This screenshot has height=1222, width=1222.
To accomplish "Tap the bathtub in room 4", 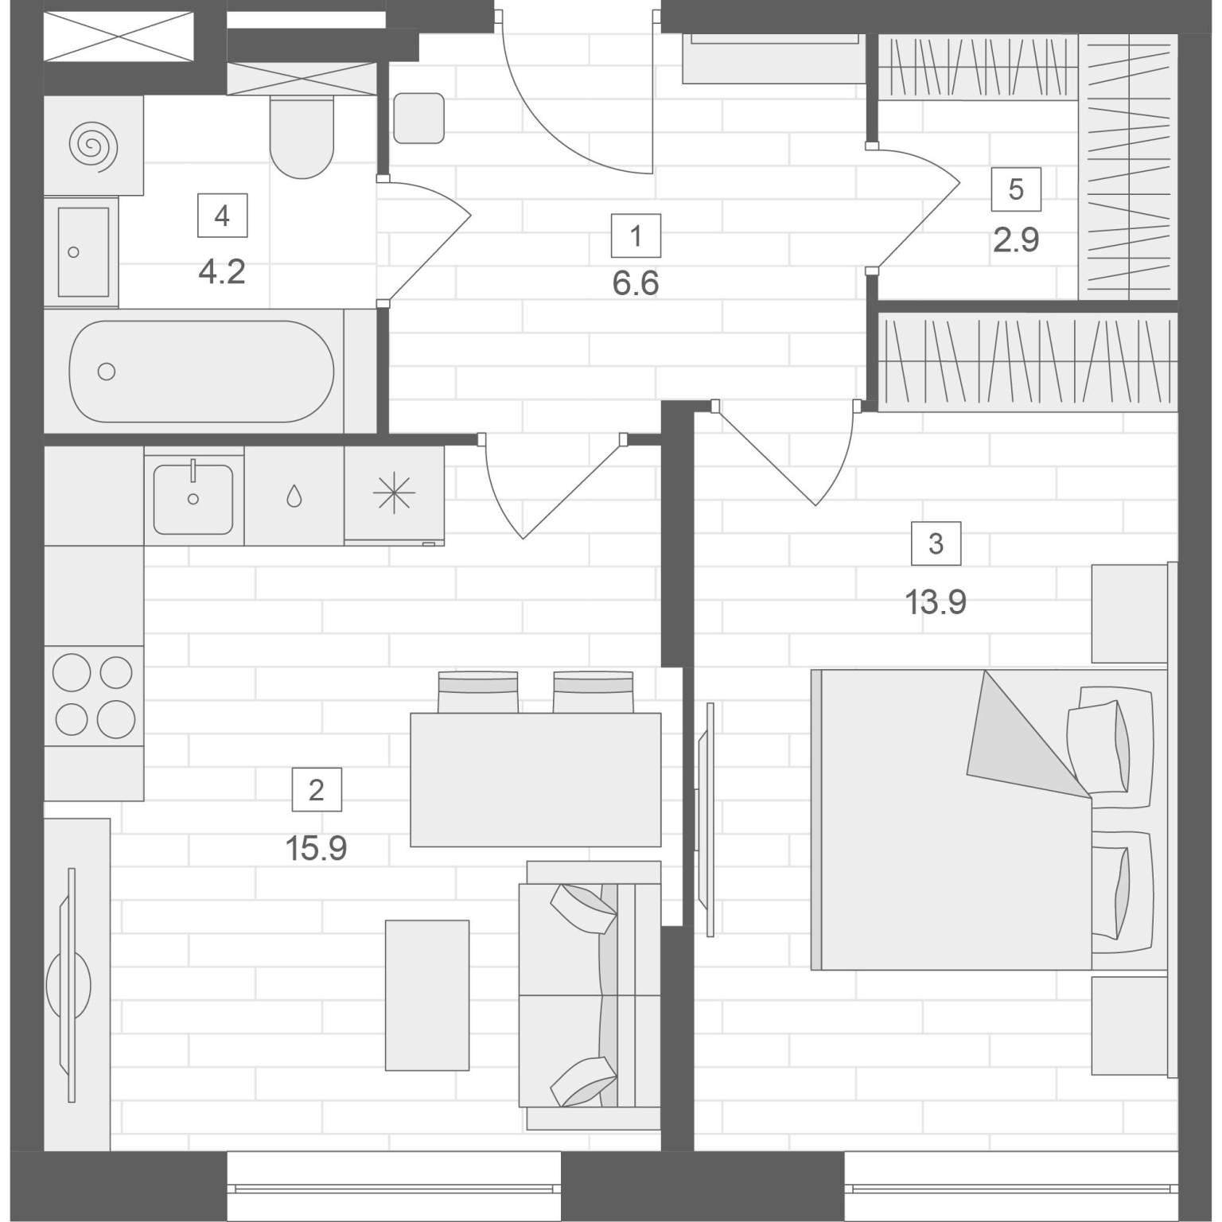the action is tap(201, 371).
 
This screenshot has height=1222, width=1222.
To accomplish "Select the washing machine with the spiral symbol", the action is tap(93, 146).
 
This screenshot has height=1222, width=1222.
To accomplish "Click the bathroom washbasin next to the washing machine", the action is tap(81, 252).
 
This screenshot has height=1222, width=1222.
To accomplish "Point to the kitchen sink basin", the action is tap(193, 499).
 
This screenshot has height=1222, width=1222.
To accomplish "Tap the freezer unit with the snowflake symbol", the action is tap(394, 495).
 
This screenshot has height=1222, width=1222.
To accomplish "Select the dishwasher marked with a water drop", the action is tap(294, 496).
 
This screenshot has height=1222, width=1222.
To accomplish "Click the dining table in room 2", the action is tap(535, 779).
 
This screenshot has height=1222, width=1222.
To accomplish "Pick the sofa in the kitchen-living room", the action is tap(590, 994).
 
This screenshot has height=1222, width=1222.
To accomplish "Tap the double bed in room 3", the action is tap(989, 819).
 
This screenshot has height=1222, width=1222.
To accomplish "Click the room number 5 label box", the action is tap(1016, 189).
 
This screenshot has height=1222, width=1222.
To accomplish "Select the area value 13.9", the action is tap(936, 602).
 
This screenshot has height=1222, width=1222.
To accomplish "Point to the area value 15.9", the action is tap(316, 849).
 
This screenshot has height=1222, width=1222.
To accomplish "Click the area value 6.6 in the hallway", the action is tap(636, 283).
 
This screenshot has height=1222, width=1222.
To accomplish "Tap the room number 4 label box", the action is tap(222, 216).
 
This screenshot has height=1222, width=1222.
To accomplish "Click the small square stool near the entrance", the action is tap(418, 118).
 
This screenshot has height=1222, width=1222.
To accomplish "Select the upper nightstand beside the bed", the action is tap(1129, 613).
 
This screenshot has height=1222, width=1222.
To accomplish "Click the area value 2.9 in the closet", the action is tap(1016, 239).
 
